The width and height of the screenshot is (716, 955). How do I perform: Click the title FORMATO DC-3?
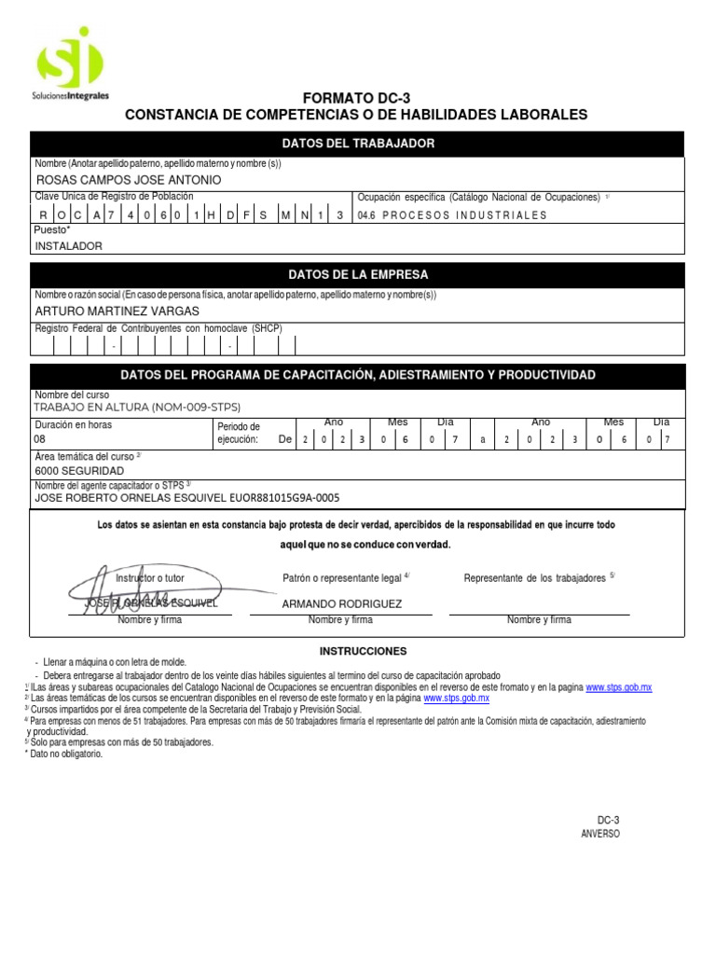click(x=356, y=98)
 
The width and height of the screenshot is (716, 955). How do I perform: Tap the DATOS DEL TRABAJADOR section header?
click(x=358, y=143)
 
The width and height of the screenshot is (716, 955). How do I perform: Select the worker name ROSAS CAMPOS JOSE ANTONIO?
click(x=128, y=179)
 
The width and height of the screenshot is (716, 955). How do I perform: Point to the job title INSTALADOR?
click(x=68, y=246)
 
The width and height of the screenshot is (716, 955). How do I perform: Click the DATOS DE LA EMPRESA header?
click(x=358, y=275)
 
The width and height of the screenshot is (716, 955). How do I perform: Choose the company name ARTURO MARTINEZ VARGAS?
click(x=117, y=311)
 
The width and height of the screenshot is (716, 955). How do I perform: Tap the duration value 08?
click(x=39, y=438)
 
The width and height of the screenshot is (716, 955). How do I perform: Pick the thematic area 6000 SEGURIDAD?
click(x=79, y=471)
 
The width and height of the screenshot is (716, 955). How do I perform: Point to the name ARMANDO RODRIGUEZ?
click(x=342, y=603)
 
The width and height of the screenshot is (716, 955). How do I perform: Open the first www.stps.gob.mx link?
click(x=618, y=687)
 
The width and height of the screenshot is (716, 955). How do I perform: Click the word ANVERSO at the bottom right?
click(x=599, y=834)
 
